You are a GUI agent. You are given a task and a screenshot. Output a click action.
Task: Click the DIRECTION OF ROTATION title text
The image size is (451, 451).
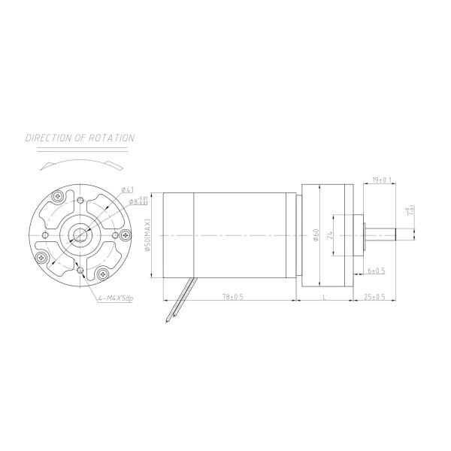point(80,138)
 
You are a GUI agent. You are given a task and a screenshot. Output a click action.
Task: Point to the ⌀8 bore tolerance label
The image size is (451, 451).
point(137,201)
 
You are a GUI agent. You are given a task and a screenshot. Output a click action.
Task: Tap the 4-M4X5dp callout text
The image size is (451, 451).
point(115,298)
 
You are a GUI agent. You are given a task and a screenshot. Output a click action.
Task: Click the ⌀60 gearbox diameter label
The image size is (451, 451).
point(316,235)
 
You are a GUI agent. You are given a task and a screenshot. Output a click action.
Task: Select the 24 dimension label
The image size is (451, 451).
point(328,235)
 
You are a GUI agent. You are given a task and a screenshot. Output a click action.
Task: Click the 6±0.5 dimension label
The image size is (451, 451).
point(376,270)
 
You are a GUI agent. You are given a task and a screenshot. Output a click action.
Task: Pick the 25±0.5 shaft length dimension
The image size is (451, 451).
point(374,297)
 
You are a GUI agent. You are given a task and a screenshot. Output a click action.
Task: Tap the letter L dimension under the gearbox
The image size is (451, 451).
point(324,297)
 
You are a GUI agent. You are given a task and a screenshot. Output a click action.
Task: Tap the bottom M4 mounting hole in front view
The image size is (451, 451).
point(79,271)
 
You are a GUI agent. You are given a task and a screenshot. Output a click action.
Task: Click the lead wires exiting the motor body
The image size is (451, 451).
point(178,299)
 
